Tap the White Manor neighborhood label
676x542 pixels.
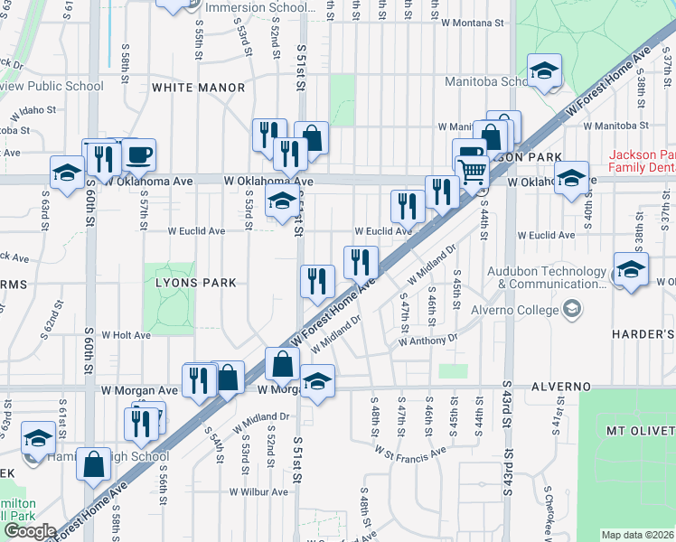pyautogui.click(x=199, y=88)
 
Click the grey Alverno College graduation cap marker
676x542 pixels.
pyautogui.click(x=570, y=310)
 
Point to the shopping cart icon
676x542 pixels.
pyautogui.click(x=474, y=169)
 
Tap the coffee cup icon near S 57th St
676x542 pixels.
pyautogui.click(x=139, y=155)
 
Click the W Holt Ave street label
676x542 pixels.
pyautogui.click(x=126, y=335)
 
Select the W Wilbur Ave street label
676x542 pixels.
pyautogui.click(x=258, y=492)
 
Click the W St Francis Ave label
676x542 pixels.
pyautogui.click(x=411, y=452)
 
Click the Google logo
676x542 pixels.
pyautogui.click(x=30, y=531)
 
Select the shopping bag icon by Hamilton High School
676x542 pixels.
pyautogui.click(x=94, y=464)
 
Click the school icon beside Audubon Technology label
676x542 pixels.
pyautogui.click(x=631, y=269)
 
